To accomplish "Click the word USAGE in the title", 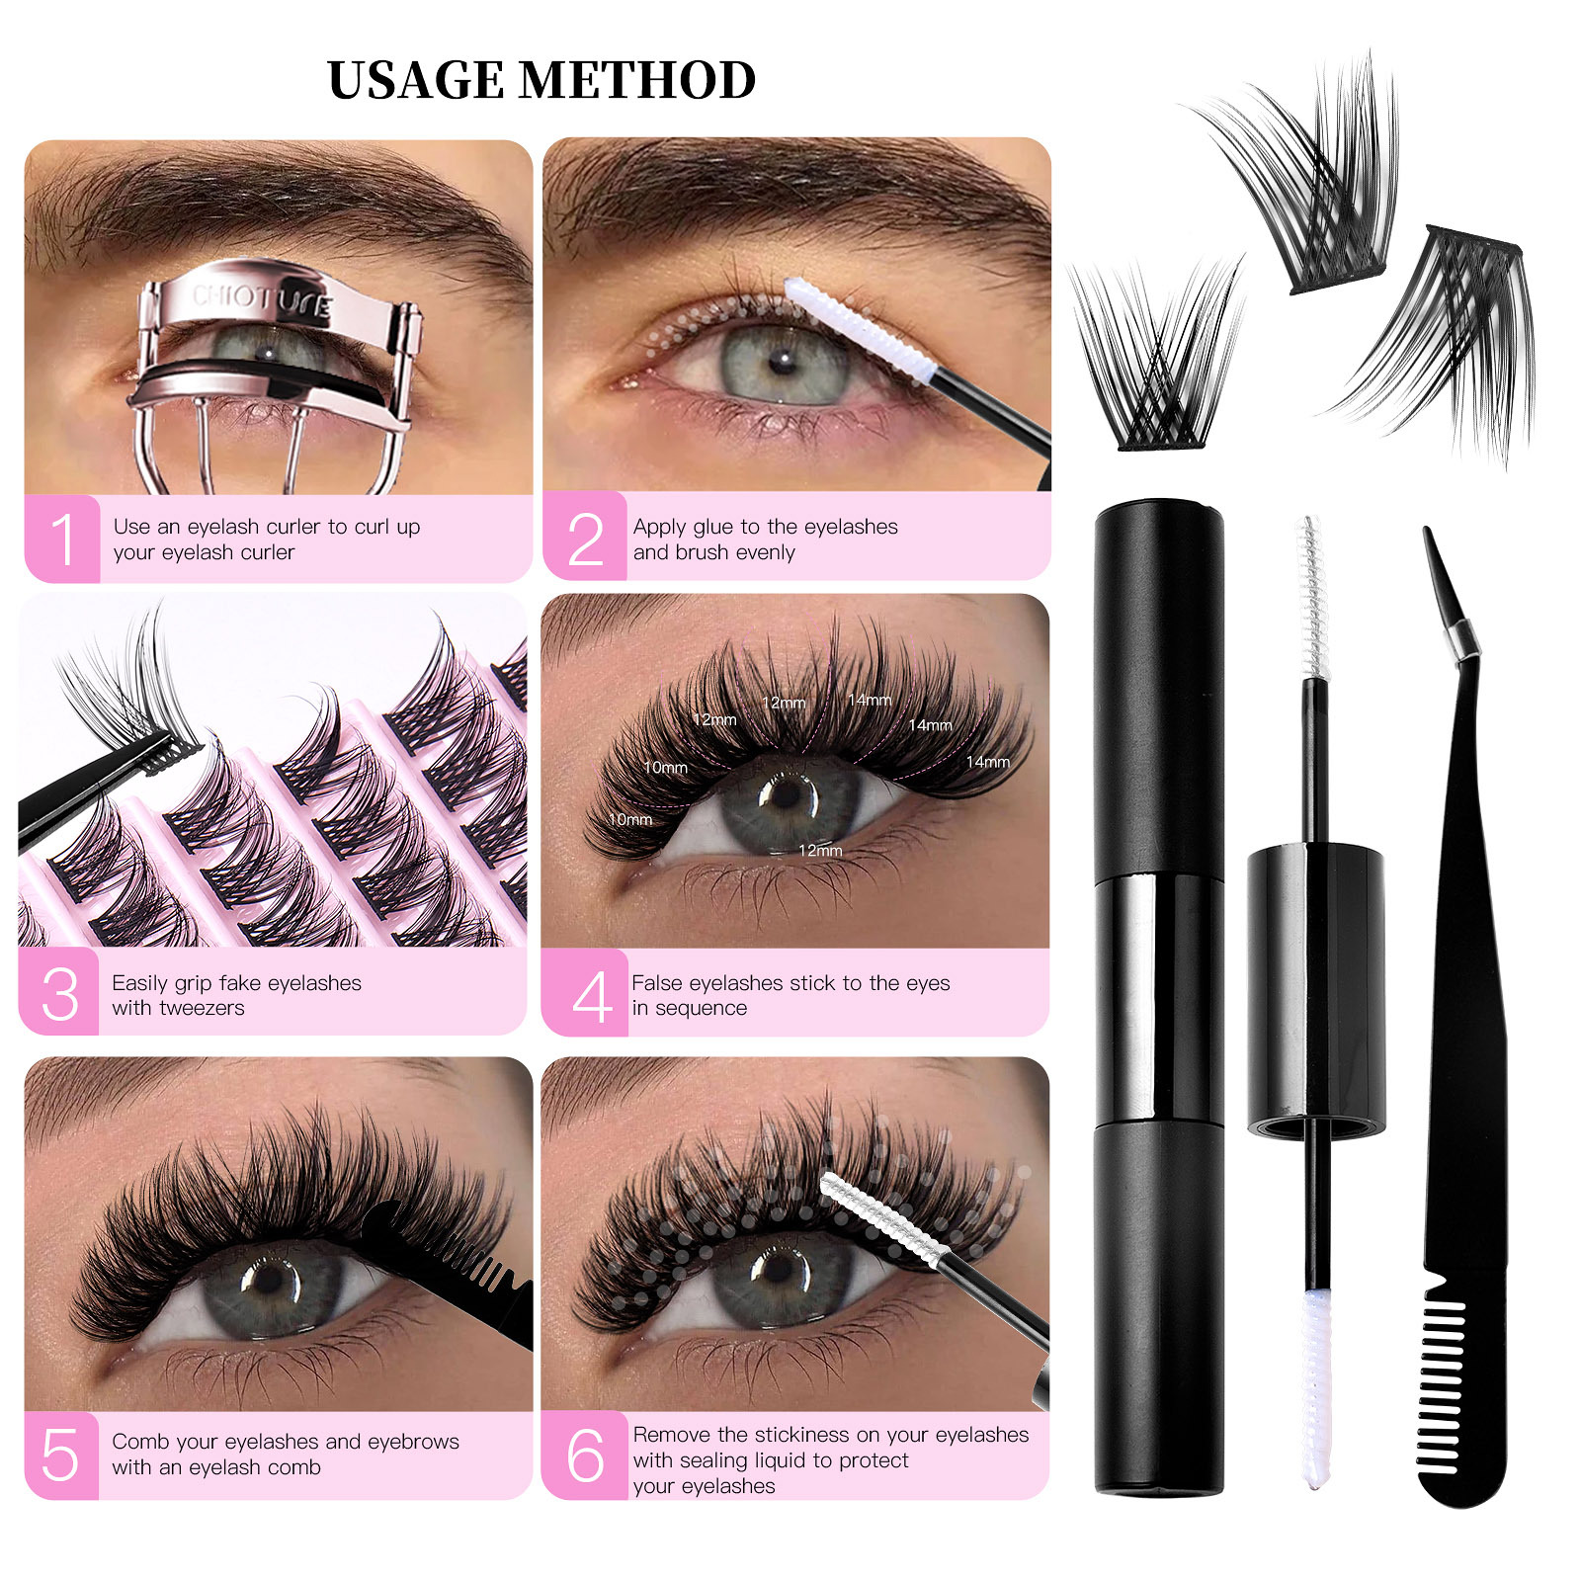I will (415, 81).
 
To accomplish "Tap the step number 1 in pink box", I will (62, 540).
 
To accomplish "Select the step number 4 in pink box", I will (591, 996).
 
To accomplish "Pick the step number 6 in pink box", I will (585, 1456).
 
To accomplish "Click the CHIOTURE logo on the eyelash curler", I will (262, 300).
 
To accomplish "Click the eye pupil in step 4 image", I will (788, 792).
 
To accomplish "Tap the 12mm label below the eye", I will (820, 851).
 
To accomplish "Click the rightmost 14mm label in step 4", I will (987, 762).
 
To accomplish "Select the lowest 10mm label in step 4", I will (629, 820).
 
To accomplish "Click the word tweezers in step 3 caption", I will (205, 1009).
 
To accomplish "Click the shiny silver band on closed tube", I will (1159, 998).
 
